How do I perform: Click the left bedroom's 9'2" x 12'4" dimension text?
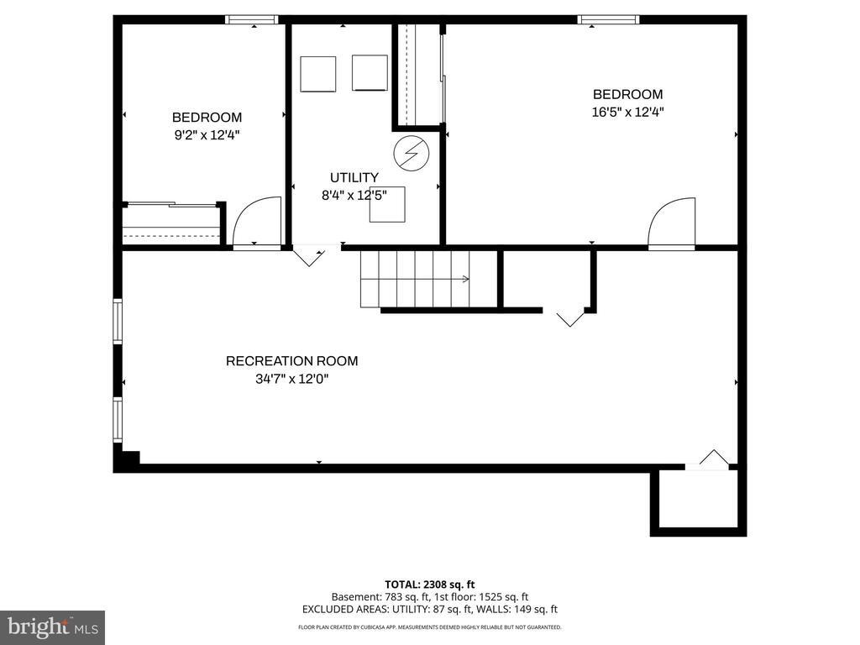click(x=207, y=134)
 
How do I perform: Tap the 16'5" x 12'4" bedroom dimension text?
click(x=628, y=111)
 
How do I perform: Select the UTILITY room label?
click(x=354, y=177)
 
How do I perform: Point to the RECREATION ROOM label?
click(x=291, y=361)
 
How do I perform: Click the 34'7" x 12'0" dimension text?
click(x=291, y=379)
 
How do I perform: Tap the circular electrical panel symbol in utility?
click(x=412, y=152)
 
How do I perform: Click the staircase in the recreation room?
click(x=415, y=279)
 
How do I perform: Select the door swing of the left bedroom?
click(x=256, y=222)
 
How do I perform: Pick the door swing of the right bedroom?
click(x=672, y=223)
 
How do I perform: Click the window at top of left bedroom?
click(x=252, y=19)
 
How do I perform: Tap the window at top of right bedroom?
click(x=608, y=19)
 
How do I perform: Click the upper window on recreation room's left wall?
click(x=118, y=322)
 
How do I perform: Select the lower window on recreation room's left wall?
click(x=118, y=420)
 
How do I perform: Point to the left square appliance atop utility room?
click(x=318, y=73)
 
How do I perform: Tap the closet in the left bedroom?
click(x=172, y=224)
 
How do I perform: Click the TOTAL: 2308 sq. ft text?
click(x=430, y=585)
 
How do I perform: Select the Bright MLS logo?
click(x=52, y=627)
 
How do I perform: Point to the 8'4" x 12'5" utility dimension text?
click(x=354, y=195)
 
